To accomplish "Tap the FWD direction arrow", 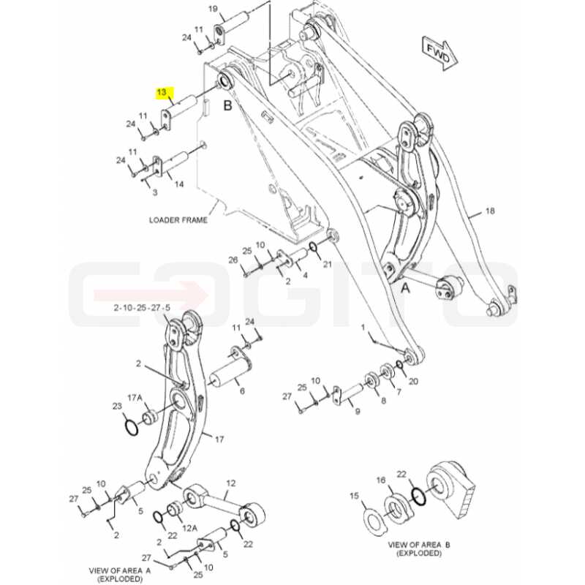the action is (440, 53).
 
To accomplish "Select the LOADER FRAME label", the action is (178, 220).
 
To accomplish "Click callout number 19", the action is (213, 9).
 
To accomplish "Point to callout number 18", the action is (490, 211).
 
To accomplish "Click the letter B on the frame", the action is (227, 105).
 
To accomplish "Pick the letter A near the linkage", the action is (405, 288).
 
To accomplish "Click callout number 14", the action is (179, 184).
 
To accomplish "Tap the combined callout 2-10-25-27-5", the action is (142, 308).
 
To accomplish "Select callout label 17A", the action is (135, 398).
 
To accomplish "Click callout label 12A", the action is (189, 528).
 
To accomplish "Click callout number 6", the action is (242, 391).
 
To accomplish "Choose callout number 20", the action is (413, 381).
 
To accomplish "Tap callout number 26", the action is (233, 260).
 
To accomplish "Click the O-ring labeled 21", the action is (314, 246).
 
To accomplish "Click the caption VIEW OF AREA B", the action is (419, 545).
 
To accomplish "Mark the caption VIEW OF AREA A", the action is (120, 571).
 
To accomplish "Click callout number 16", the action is (380, 480).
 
